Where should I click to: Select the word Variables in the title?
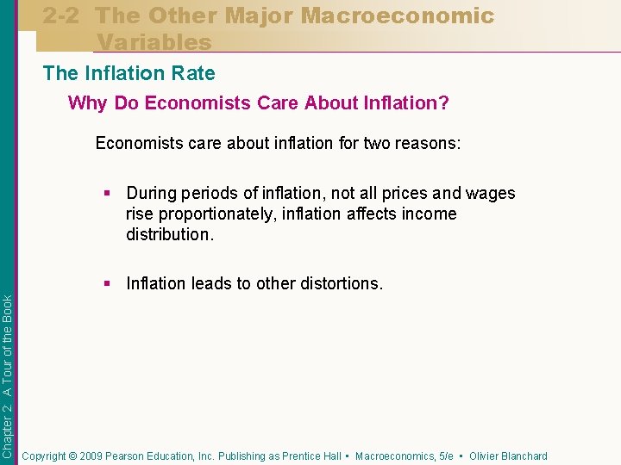point(154,41)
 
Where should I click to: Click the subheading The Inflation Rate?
point(129,74)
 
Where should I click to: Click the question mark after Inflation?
point(443,103)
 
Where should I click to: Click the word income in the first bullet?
point(428,214)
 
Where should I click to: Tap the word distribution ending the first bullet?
point(166,234)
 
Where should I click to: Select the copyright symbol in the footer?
point(73,456)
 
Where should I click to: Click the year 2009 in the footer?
point(90,456)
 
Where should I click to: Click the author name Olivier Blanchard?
point(508,456)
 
